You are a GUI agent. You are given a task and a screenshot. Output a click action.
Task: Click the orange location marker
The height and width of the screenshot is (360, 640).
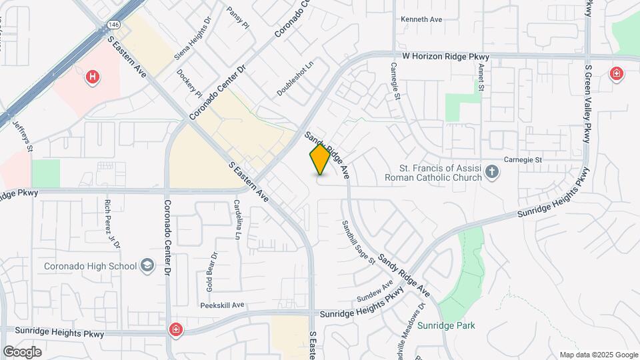(x=320, y=160)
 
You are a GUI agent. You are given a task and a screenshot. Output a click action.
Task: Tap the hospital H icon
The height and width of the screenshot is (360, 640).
(x=93, y=77)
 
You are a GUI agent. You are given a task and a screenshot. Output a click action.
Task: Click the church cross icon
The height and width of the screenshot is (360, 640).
(x=492, y=173)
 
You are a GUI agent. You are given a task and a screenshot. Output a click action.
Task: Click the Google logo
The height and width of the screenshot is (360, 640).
(x=22, y=351)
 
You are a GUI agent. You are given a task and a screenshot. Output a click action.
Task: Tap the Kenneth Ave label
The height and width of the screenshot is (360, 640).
(x=421, y=19)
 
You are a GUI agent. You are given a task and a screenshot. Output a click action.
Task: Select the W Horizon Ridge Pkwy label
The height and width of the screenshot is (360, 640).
(x=446, y=57)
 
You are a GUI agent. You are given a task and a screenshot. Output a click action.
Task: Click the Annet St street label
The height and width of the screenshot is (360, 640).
(x=481, y=79)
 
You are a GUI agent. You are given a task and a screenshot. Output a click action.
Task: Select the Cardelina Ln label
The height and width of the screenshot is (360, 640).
(x=237, y=219)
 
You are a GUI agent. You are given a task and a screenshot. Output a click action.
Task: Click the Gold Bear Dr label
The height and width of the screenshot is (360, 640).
(x=212, y=271)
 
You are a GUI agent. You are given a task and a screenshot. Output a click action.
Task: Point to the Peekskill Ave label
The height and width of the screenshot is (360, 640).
(x=223, y=305)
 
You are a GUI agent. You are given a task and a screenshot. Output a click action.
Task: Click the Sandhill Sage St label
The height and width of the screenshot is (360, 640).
(x=359, y=243)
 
